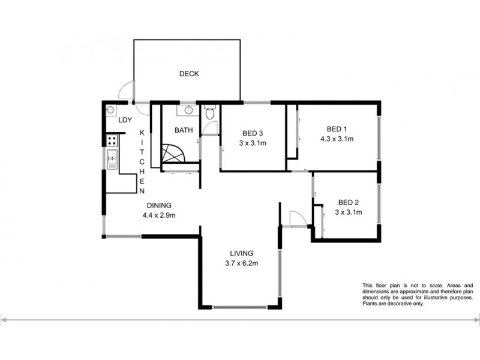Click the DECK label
point(189,74)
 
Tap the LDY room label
point(125,120)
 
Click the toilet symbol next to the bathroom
point(209,113)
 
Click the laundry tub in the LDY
point(110,111)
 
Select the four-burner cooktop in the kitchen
point(112,141)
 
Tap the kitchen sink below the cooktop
point(112,159)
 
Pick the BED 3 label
point(253,133)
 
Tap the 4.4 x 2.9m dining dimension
point(158,215)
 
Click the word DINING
point(158,205)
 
